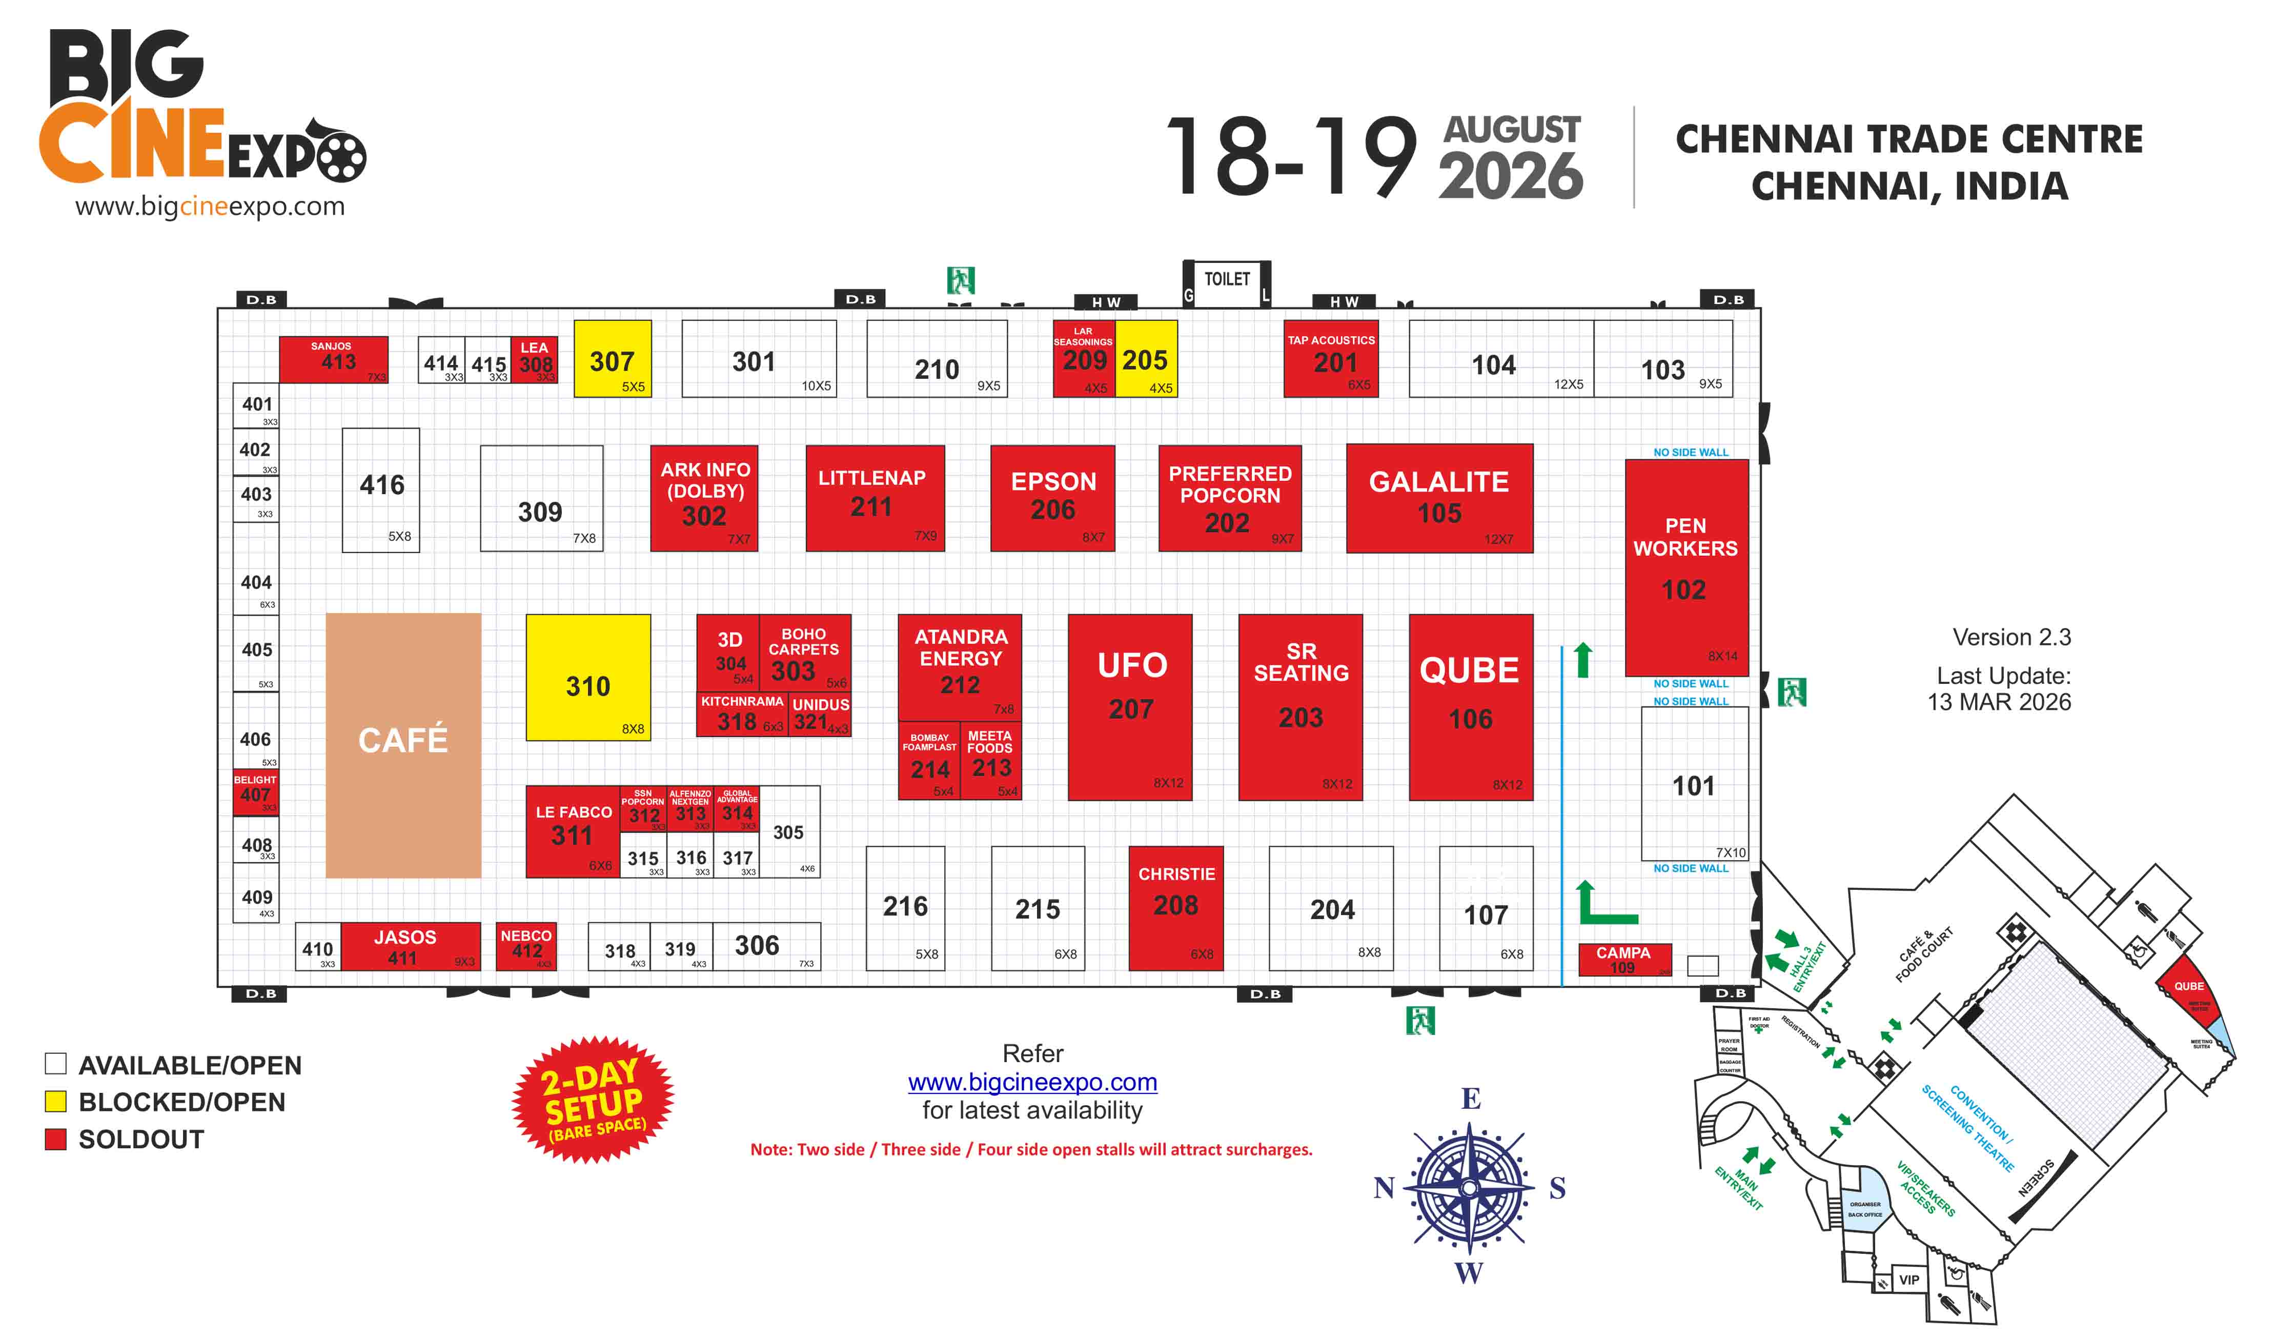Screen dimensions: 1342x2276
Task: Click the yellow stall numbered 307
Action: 612,359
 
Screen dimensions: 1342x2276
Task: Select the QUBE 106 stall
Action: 1470,707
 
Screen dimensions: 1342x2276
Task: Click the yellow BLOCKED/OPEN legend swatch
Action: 56,1102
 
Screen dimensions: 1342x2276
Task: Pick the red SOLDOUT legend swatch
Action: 56,1138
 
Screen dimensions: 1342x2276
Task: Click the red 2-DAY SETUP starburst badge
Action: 593,1100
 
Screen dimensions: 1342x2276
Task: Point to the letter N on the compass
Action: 1384,1187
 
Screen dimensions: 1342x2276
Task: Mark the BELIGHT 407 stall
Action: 255,791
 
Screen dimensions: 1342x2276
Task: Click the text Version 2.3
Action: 2011,638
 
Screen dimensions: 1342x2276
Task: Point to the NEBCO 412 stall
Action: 526,945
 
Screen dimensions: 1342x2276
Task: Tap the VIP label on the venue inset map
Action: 1909,1279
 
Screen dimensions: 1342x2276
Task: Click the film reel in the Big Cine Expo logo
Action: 340,155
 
